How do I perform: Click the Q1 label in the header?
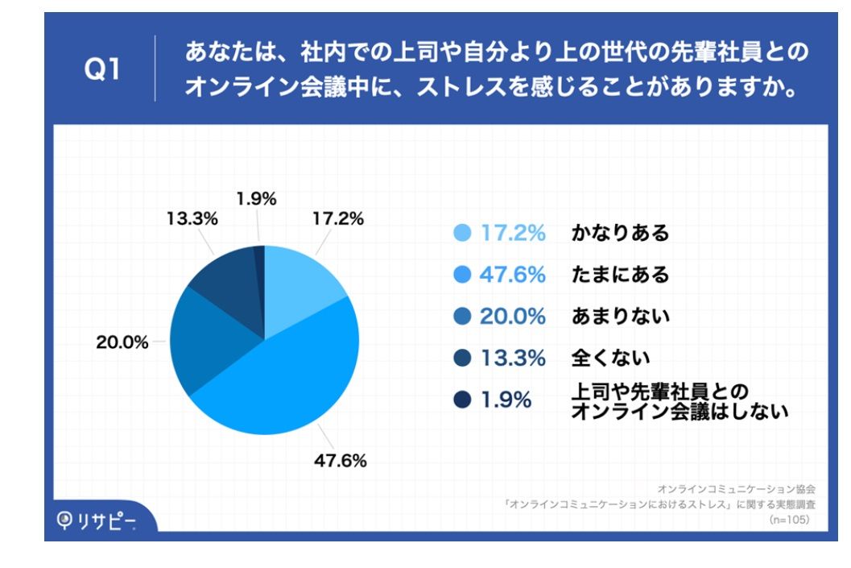[102, 70]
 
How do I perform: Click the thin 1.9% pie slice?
[259, 266]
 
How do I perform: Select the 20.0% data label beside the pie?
[122, 342]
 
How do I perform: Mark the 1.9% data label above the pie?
[257, 198]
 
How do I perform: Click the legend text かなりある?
[620, 233]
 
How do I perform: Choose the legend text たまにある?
[620, 275]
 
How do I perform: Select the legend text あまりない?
[620, 317]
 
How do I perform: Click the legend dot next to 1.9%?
[461, 399]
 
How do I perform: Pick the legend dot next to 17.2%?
[461, 233]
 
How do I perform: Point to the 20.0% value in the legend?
[513, 317]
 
